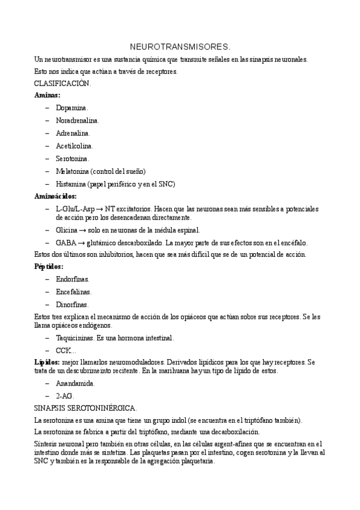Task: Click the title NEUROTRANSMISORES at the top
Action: tap(180, 46)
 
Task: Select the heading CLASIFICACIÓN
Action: tap(63, 84)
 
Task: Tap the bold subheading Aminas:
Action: tap(47, 95)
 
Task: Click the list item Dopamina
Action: tap(72, 108)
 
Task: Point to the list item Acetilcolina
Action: tap(75, 146)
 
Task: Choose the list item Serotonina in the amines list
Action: tap(73, 158)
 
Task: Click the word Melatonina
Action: tap(73, 171)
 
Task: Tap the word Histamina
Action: tap(72, 183)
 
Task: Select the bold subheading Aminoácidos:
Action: tap(55, 196)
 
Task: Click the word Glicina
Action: tap(67, 230)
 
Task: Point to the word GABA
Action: tap(66, 242)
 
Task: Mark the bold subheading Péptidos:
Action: tap(49, 266)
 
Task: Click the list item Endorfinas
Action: tap(73, 279)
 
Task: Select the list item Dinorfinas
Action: tap(73, 304)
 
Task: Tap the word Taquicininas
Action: tap(76, 337)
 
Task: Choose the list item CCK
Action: tap(65, 350)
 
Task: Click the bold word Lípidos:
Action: tap(47, 362)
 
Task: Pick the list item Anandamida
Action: tap(75, 382)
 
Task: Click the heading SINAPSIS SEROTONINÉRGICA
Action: tap(86, 408)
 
